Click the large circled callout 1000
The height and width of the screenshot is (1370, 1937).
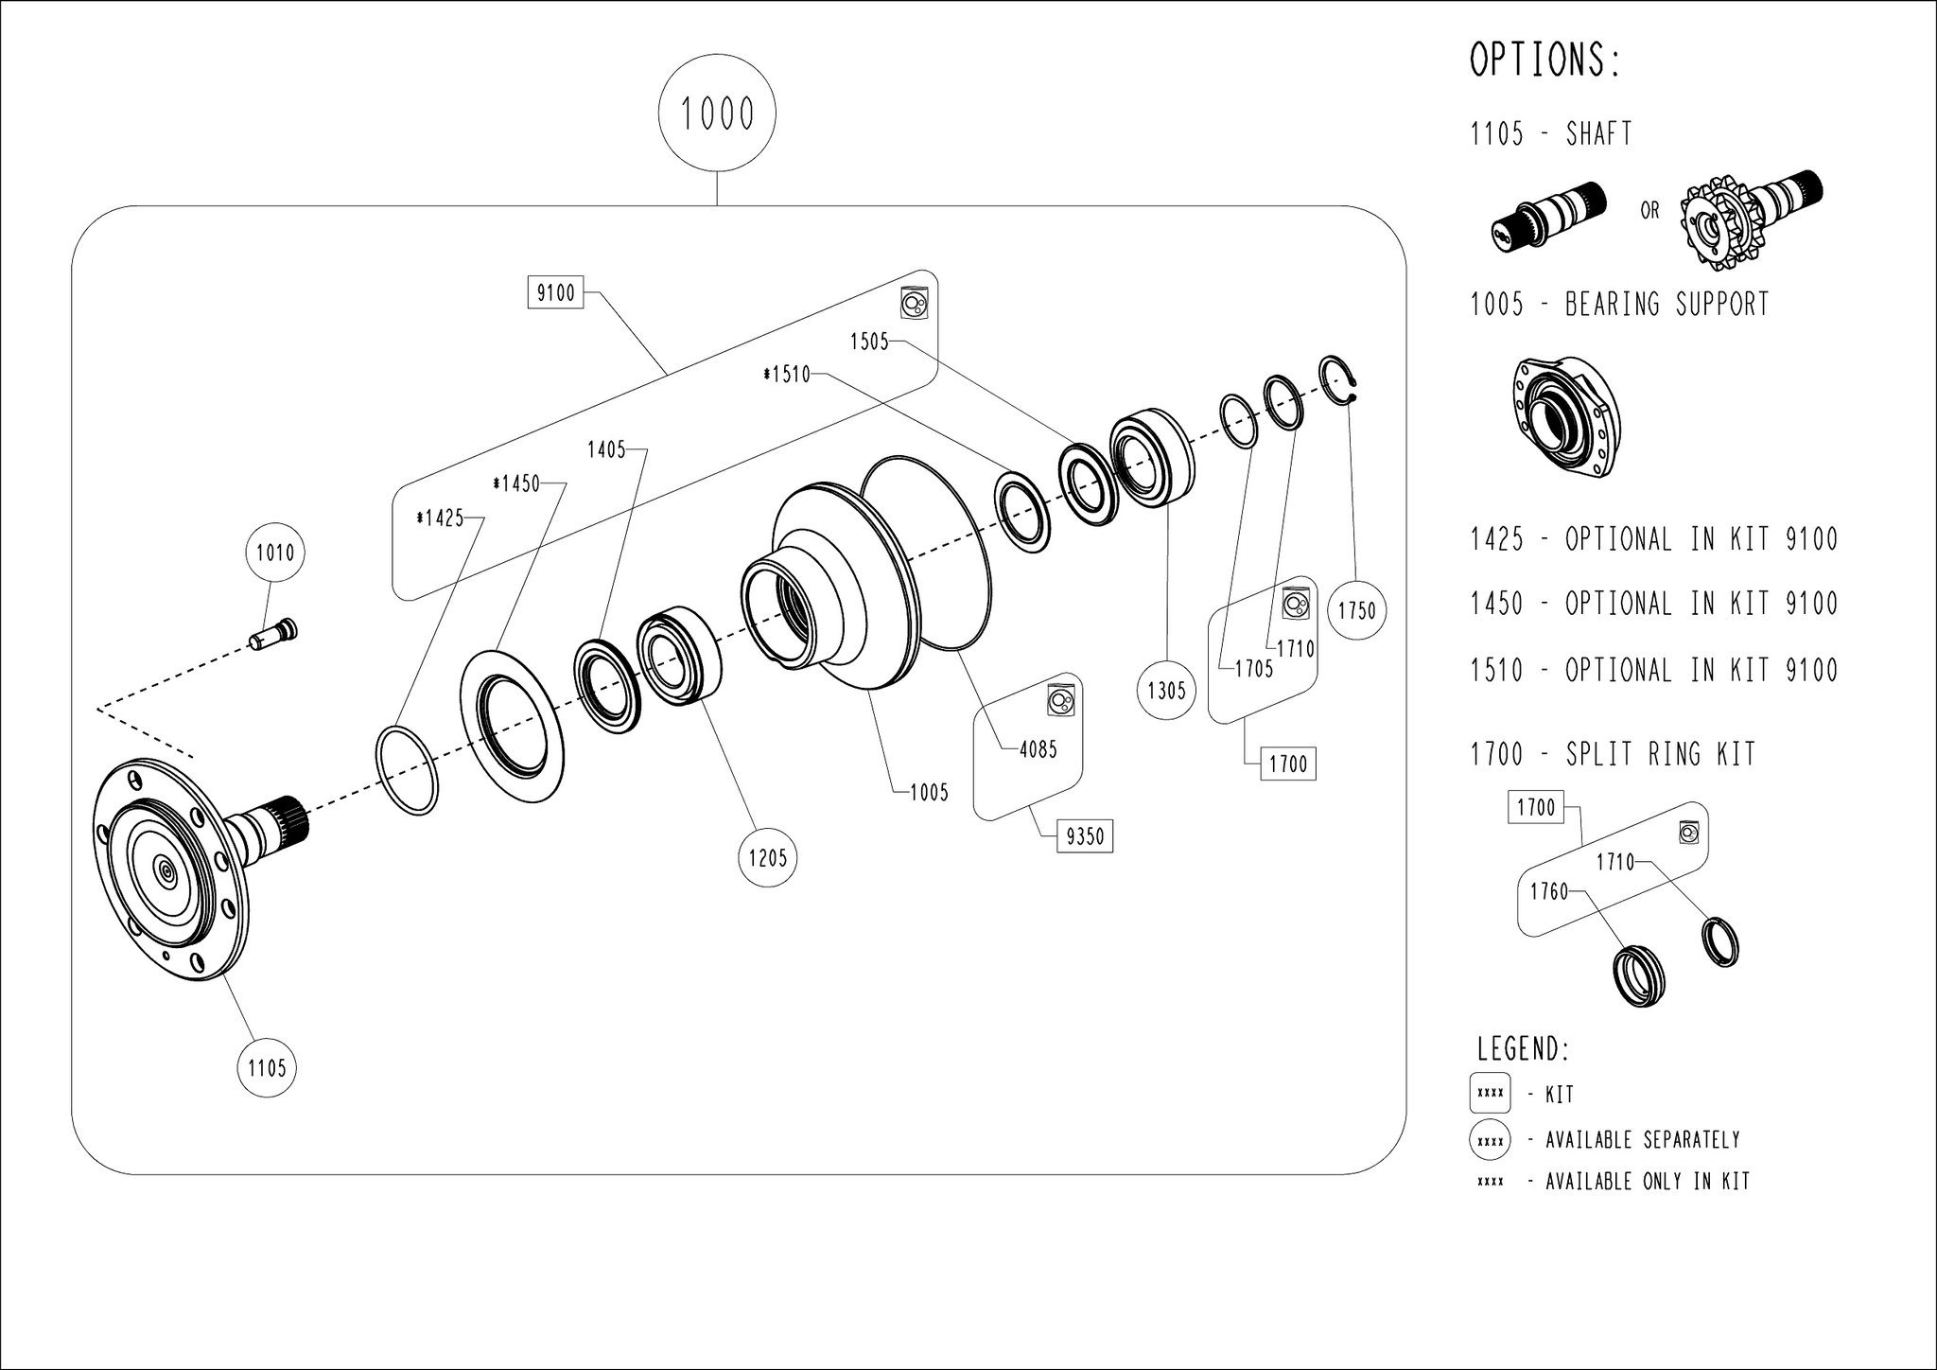(x=717, y=114)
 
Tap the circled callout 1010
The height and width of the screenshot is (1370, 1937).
(x=275, y=552)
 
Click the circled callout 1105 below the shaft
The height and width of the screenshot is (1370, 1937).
(x=267, y=1068)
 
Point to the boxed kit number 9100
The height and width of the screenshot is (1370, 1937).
(x=555, y=293)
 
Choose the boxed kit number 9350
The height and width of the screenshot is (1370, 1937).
(x=1084, y=836)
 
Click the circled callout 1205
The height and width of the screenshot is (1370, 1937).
(x=767, y=858)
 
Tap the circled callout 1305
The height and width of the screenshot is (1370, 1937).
(x=1166, y=691)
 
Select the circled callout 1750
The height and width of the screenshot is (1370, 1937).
(x=1357, y=611)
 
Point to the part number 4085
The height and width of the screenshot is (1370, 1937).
(x=1038, y=750)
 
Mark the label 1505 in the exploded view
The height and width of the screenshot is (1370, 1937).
(x=869, y=342)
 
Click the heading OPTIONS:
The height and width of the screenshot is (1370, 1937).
(x=1545, y=61)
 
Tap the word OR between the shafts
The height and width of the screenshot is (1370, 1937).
(x=1649, y=210)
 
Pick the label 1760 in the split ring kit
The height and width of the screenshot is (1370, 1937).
(x=1548, y=891)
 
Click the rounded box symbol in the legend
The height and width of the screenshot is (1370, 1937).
(x=1490, y=1094)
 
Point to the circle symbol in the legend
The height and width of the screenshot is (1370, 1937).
(x=1490, y=1140)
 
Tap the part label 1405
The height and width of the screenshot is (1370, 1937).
(x=606, y=450)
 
